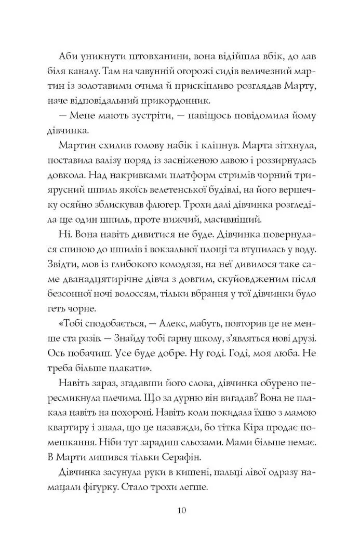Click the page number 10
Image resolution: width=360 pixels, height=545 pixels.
point(180,511)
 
